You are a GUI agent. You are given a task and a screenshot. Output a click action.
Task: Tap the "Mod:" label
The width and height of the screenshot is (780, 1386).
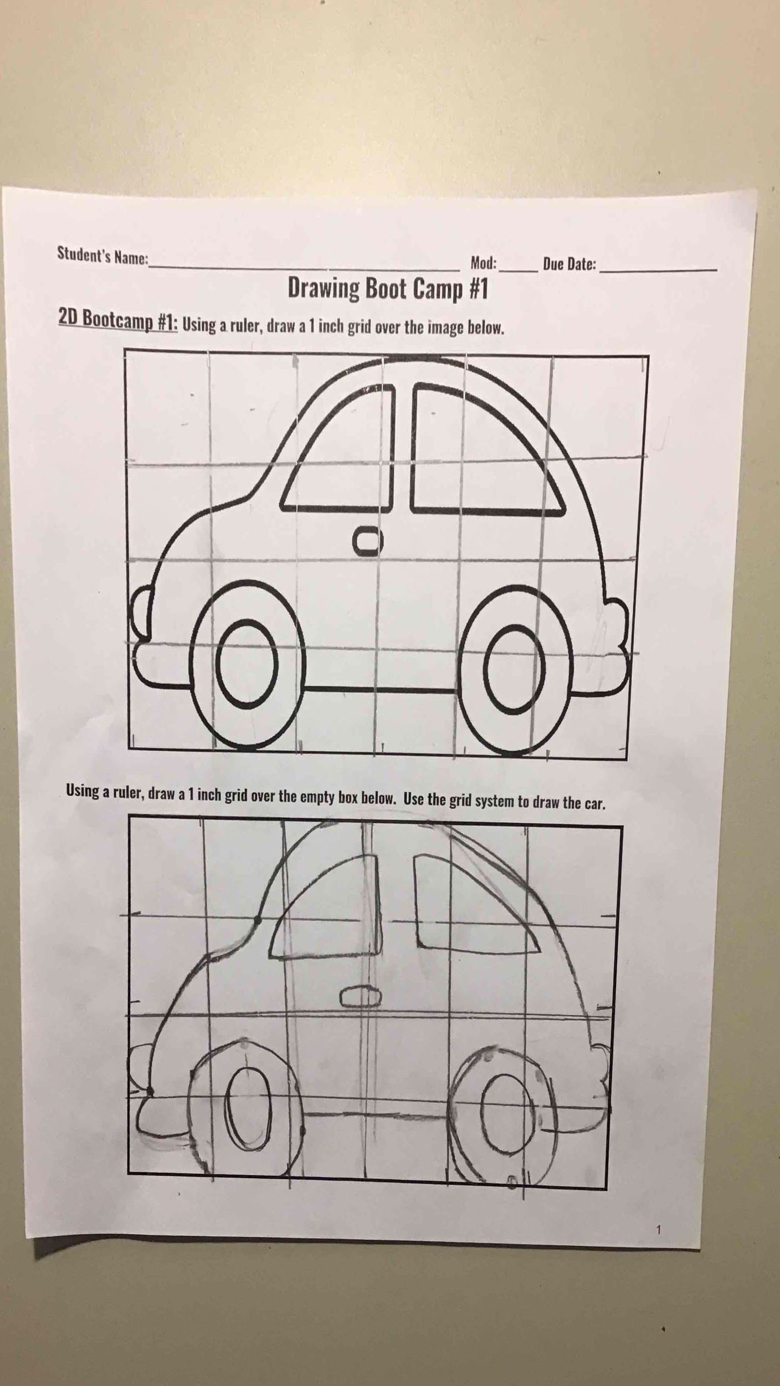[484, 263]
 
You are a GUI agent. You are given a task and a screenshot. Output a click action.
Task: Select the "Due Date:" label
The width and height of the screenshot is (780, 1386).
[569, 264]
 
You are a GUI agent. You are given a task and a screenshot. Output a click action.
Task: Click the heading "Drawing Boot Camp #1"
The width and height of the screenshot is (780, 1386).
[388, 288]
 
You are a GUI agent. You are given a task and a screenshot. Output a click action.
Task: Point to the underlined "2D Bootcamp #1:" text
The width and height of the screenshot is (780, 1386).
[118, 320]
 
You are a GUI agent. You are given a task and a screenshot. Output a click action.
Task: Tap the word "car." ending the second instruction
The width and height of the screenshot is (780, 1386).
[592, 803]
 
